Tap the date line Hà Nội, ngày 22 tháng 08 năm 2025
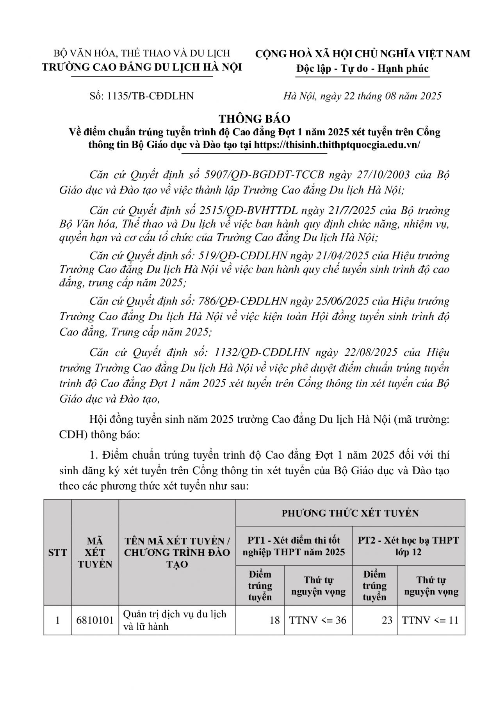[x=362, y=96]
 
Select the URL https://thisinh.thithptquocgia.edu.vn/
[x=337, y=144]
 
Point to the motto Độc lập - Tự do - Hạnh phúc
[x=362, y=69]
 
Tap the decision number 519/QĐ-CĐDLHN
[x=243, y=256]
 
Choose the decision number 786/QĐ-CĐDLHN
[x=243, y=301]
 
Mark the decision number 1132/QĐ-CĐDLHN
[x=262, y=353]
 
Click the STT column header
[x=57, y=552]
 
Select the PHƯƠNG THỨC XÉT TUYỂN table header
[x=350, y=513]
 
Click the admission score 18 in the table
[x=274, y=620]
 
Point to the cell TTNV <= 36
[x=318, y=620]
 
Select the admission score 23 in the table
[x=387, y=620]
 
